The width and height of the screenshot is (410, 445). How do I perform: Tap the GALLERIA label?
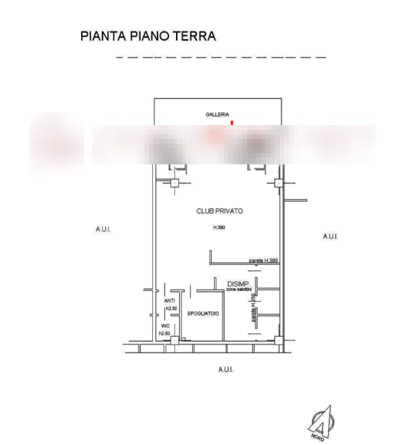[x=218, y=115]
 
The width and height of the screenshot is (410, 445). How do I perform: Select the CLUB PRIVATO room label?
[x=220, y=212]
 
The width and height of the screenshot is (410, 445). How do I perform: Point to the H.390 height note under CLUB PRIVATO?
[x=218, y=228]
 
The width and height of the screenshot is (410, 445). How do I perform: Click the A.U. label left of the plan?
[x=103, y=230]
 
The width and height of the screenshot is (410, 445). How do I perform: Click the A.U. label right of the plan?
[x=330, y=236]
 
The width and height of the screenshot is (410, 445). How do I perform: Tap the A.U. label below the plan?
[x=226, y=369]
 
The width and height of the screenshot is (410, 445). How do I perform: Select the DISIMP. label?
[x=238, y=284]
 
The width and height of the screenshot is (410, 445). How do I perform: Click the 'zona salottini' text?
[x=239, y=290]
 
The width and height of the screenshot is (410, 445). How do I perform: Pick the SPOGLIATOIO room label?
[x=203, y=313]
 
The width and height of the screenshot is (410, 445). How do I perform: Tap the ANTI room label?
[x=170, y=301]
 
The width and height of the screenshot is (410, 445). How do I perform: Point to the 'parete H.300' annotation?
[x=263, y=261]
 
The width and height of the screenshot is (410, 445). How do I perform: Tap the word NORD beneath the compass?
[x=316, y=435]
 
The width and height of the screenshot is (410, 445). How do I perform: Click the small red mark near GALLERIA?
[x=232, y=122]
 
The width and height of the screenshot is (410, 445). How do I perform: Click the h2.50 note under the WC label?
[x=164, y=334]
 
